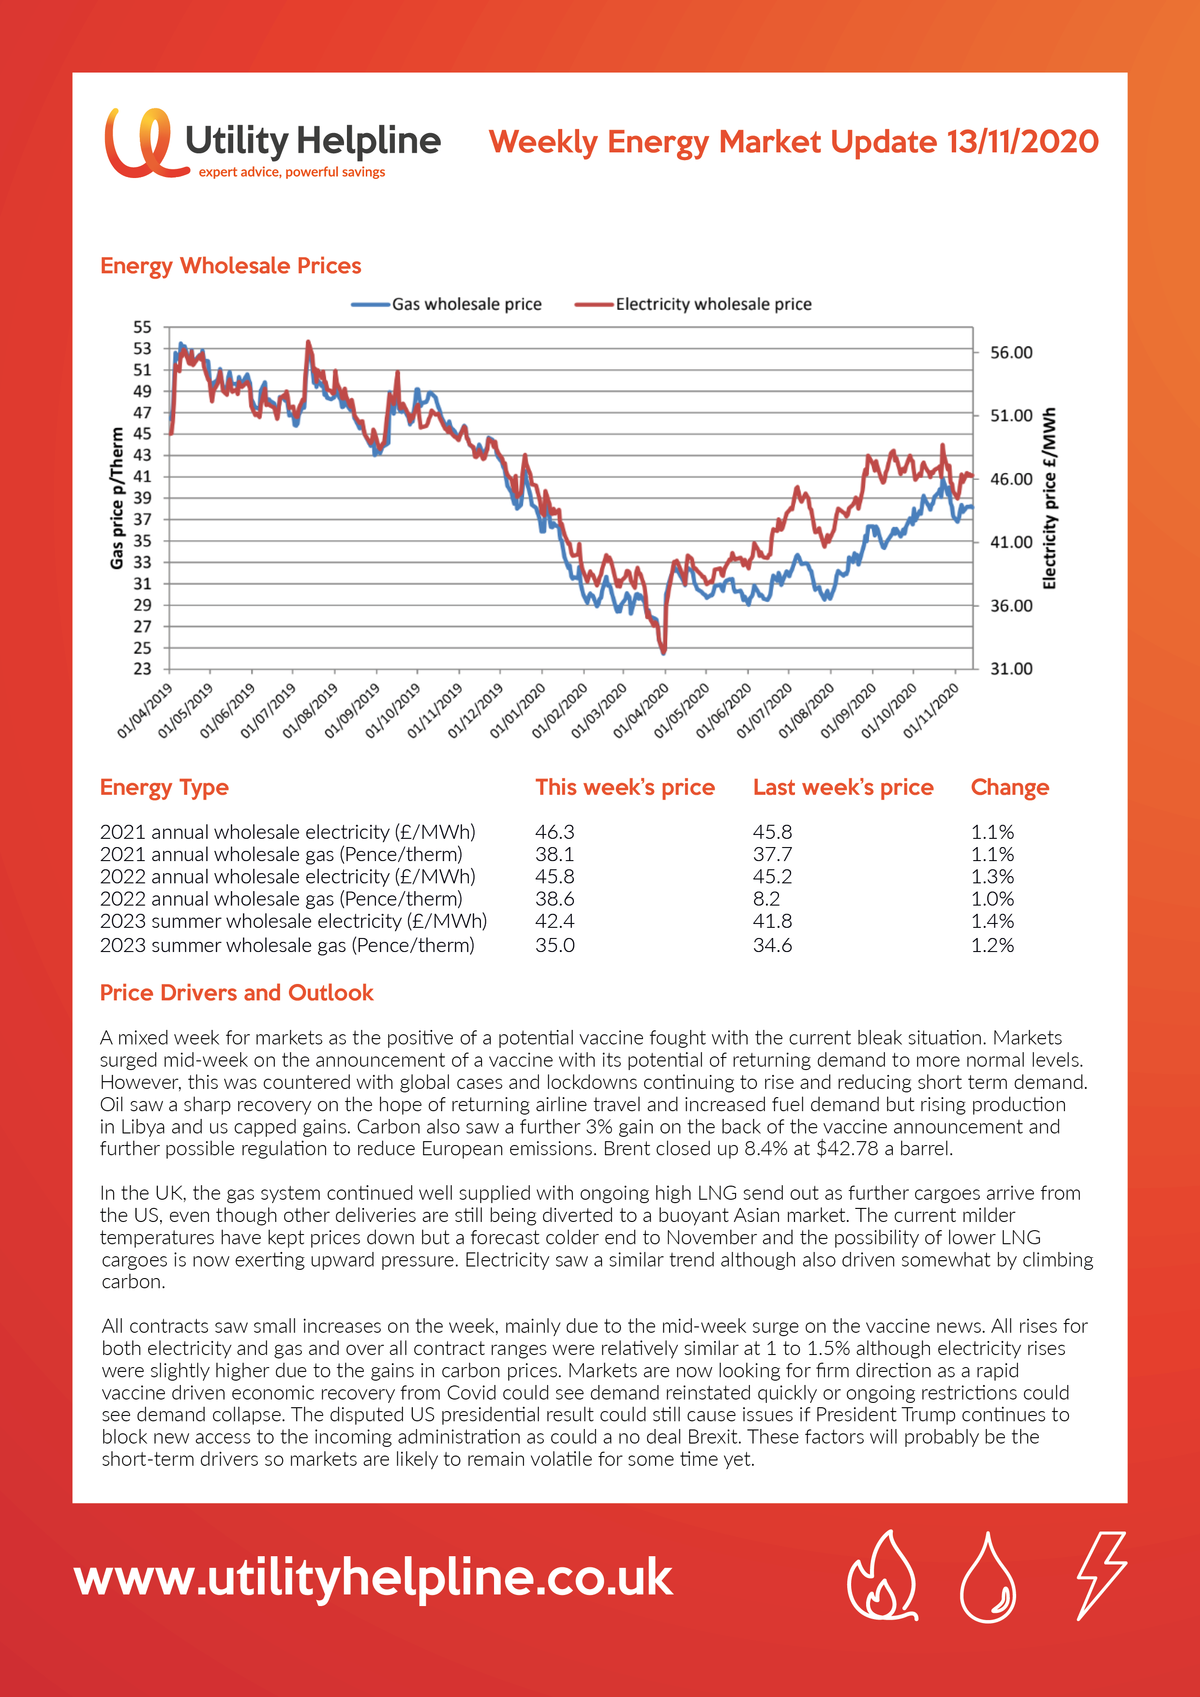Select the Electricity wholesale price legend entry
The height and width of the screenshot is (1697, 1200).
coord(693,304)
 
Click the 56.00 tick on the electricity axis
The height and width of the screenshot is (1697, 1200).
coord(1011,353)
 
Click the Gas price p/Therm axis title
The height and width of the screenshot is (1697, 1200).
coord(117,498)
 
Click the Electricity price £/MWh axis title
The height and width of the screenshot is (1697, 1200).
coord(1049,498)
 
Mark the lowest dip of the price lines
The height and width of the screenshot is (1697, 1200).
coord(663,652)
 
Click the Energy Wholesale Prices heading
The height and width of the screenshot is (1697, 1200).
coord(231,266)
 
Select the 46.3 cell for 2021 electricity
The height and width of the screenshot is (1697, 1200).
coord(555,832)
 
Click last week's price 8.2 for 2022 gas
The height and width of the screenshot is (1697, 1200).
coord(767,899)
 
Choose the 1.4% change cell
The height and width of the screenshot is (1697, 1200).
coord(992,921)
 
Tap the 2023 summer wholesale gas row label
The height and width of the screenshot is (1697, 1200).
coord(287,945)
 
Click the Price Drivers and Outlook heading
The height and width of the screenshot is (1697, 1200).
coord(237,993)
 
